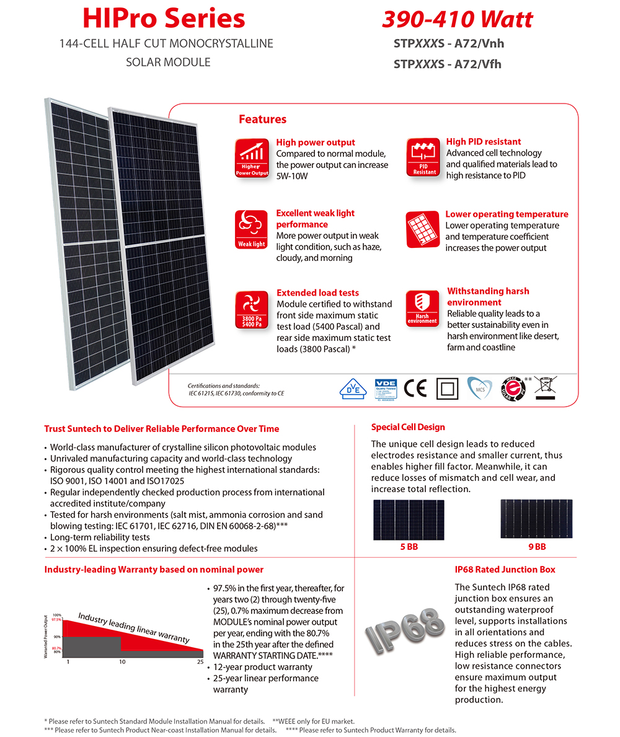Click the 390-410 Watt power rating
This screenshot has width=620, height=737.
click(457, 19)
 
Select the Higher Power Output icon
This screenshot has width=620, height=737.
click(252, 159)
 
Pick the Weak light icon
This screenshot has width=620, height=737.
click(252, 230)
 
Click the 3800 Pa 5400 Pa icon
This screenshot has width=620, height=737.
click(252, 309)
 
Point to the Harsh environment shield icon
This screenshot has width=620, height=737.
click(423, 308)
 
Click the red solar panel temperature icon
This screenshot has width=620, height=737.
click(423, 229)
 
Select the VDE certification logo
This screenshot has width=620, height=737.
click(385, 389)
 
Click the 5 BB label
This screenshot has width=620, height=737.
click(409, 547)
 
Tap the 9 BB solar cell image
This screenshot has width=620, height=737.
click(537, 519)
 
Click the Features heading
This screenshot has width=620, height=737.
click(263, 119)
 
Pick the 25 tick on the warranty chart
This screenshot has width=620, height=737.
click(200, 662)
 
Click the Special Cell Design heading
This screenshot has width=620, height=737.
click(408, 427)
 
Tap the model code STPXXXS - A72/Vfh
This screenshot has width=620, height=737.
click(447, 63)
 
